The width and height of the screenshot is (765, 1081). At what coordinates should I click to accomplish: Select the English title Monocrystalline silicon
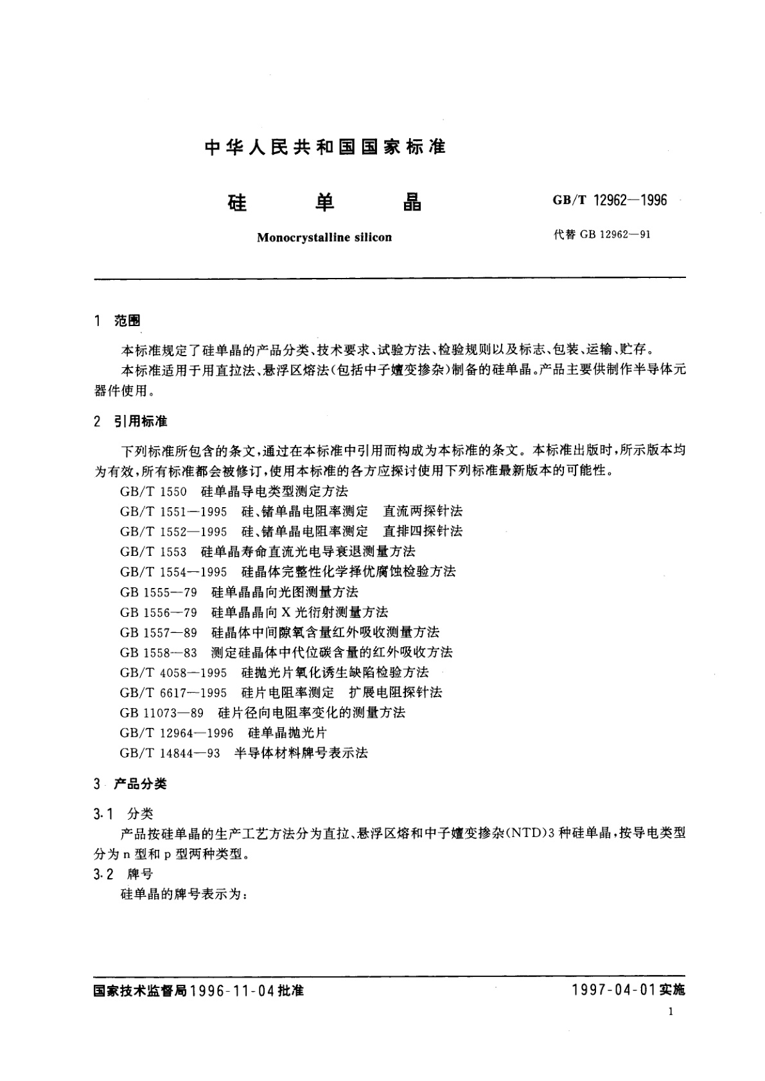[324, 238]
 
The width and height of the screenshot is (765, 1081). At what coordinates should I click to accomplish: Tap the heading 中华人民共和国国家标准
[324, 147]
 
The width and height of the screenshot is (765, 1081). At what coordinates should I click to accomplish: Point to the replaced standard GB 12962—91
[615, 234]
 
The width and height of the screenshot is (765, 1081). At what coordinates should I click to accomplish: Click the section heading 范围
[127, 321]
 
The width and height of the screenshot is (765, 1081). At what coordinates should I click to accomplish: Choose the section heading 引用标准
[141, 422]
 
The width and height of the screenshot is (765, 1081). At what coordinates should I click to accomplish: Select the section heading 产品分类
[140, 784]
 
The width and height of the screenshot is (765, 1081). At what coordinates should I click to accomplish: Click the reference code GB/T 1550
[153, 492]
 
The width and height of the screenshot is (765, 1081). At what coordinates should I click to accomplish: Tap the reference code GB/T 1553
[153, 551]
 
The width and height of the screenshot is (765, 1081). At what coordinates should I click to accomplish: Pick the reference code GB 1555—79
[158, 592]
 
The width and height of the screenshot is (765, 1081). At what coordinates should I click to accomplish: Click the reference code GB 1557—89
[158, 632]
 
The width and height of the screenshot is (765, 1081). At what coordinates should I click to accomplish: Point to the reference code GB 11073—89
[161, 713]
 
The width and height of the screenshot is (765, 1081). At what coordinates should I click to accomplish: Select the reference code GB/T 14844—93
[170, 753]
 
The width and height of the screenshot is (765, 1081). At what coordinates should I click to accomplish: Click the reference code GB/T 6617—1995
[173, 693]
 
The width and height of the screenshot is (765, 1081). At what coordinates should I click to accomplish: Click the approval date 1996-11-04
[233, 991]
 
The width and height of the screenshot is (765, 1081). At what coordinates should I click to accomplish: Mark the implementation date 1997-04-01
[612, 990]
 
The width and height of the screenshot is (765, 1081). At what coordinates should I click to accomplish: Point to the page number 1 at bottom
[671, 1012]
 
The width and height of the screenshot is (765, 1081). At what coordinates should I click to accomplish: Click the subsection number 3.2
[103, 874]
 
